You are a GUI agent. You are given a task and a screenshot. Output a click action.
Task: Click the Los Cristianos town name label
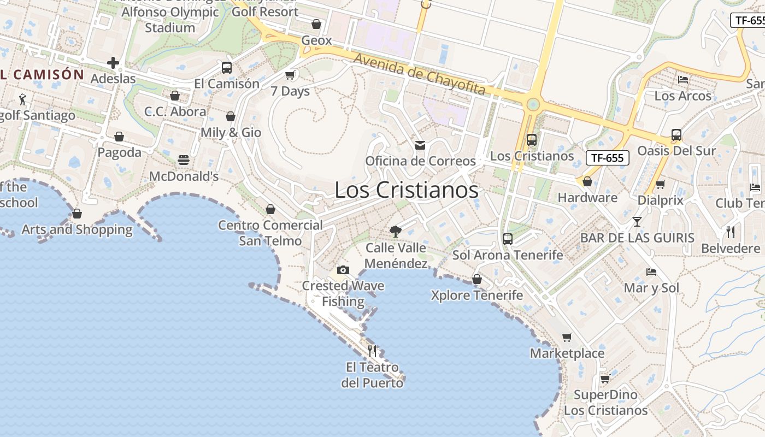(407, 190)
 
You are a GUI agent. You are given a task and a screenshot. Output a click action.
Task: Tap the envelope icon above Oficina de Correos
(420, 145)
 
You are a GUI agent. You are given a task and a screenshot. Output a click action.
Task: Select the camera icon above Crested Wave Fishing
(343, 270)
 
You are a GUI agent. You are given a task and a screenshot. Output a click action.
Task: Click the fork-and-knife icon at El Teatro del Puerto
(372, 351)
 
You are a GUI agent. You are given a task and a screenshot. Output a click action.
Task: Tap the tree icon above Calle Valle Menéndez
(395, 232)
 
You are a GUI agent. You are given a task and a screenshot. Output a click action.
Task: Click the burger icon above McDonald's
(184, 160)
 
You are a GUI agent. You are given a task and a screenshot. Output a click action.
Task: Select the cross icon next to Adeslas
(113, 63)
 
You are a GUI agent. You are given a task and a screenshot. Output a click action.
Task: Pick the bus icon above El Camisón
(226, 68)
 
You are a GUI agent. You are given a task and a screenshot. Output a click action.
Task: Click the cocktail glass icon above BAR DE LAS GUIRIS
(637, 222)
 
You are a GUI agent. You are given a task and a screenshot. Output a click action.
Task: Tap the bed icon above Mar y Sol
(651, 271)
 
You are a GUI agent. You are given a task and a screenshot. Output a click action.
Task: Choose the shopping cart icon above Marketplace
(567, 338)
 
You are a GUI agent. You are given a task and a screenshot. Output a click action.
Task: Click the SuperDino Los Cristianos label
(605, 403)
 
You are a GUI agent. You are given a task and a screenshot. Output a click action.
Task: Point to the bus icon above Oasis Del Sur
(676, 134)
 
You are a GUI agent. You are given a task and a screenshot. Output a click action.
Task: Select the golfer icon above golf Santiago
(22, 99)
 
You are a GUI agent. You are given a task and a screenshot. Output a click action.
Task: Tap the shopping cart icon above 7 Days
(290, 75)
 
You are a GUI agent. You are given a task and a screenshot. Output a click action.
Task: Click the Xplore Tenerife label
(476, 296)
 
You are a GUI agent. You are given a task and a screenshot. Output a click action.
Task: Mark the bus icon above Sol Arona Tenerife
(508, 239)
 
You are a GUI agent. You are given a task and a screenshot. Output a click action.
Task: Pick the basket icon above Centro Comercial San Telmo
(270, 209)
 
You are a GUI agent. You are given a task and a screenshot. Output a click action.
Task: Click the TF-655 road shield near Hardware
(608, 158)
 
